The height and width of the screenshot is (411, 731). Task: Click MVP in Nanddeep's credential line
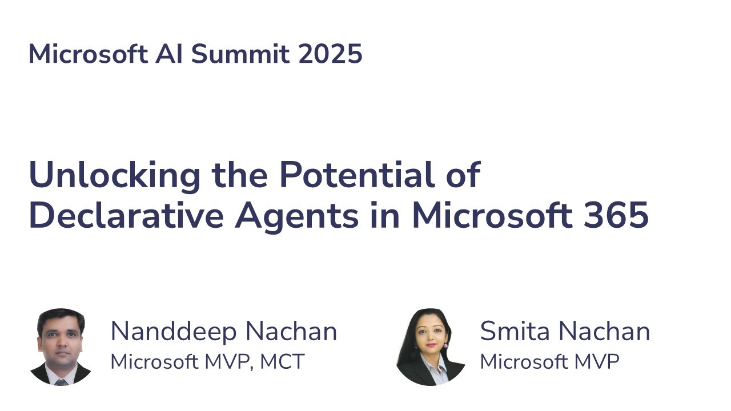tap(226, 362)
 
